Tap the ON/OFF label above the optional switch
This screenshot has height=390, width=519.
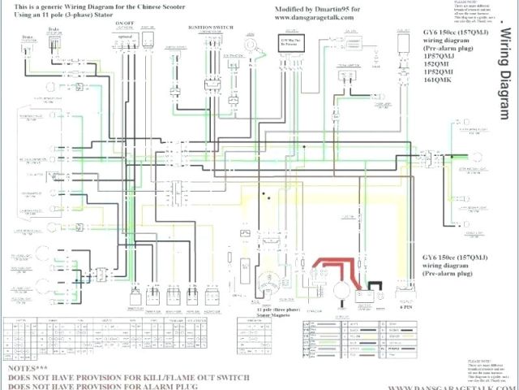coord(125,24)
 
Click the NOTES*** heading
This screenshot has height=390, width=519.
coord(29,367)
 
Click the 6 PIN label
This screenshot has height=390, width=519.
coord(403,308)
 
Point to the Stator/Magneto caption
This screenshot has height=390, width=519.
coord(272,318)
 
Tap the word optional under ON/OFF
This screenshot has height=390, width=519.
coord(125,37)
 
